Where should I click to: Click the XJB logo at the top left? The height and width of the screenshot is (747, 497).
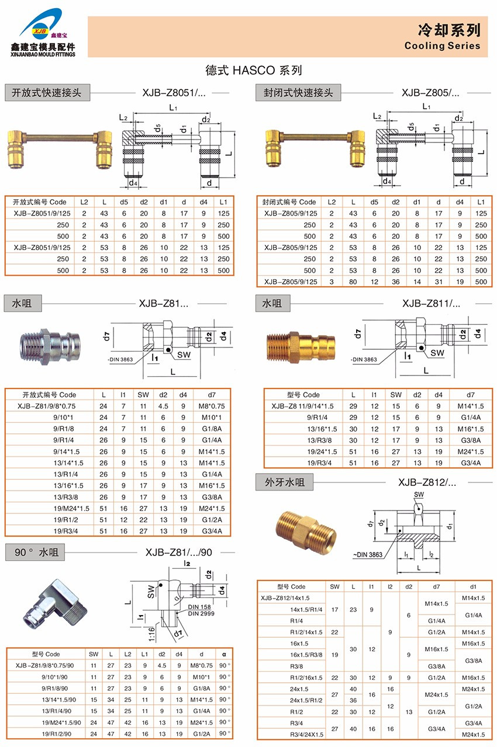pos(43,32)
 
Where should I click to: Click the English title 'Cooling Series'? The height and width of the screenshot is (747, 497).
pos(442,46)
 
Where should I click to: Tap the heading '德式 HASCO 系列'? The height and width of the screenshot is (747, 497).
pos(254,70)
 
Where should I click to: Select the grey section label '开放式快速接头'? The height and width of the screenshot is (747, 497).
pos(47,92)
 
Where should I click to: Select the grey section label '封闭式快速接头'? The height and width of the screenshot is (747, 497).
pos(298,92)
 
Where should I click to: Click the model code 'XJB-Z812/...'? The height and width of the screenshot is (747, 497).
pos(427,482)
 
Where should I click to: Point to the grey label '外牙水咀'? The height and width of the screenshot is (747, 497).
pos(284,482)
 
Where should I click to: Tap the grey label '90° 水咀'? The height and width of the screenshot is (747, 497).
pos(35,553)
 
